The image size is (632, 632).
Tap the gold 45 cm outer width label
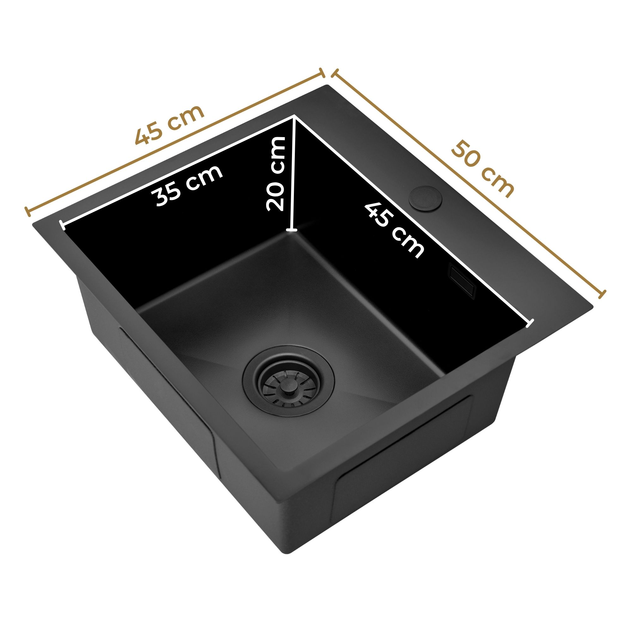coord(169,124)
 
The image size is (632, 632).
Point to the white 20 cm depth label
coord(276,173)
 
